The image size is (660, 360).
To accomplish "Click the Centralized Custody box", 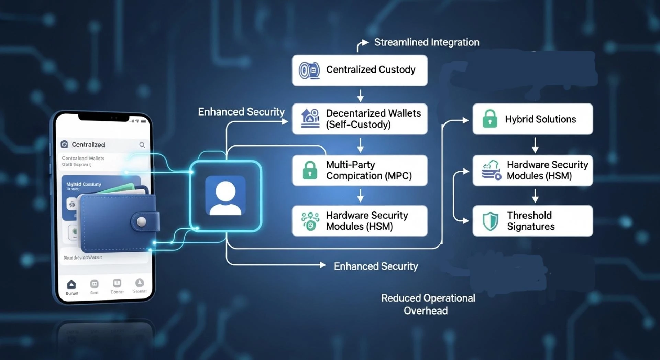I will click(360, 70).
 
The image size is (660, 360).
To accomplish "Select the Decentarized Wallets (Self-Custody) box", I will click(360, 119).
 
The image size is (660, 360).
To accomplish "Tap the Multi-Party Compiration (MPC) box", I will click(360, 170).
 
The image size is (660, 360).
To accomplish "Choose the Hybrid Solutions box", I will click(532, 119).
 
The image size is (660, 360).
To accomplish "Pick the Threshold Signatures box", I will click(532, 221).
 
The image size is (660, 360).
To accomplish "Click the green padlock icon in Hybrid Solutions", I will click(490, 119).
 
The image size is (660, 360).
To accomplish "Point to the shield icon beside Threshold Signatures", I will click(490, 221).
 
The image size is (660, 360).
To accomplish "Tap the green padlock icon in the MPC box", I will click(310, 170).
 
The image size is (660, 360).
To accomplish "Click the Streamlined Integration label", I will click(427, 42).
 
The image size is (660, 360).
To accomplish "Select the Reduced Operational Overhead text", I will click(428, 304).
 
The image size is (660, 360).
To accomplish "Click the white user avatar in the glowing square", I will click(225, 196).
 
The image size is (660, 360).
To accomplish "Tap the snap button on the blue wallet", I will click(141, 221).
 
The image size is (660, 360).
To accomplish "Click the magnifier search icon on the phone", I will click(142, 145).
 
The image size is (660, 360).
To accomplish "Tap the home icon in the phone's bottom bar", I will click(71, 284).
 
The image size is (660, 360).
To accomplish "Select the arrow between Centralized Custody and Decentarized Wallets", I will click(360, 96).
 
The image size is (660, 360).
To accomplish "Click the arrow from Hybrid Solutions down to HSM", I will click(535, 145).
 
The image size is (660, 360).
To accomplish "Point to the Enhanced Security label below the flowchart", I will click(376, 266).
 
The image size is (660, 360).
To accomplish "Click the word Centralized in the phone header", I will click(88, 145).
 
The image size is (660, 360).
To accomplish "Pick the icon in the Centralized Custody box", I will click(309, 70).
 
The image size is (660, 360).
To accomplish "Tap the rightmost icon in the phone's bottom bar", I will click(140, 283).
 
